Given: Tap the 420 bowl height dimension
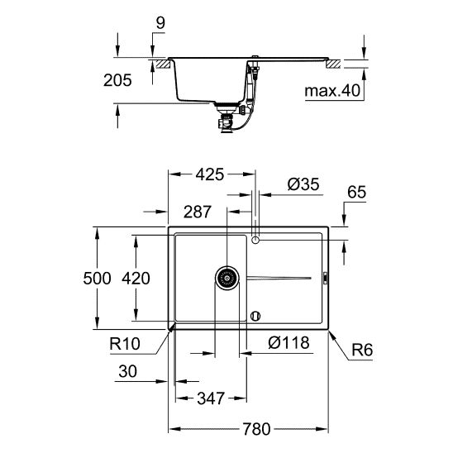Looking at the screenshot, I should [x=136, y=279].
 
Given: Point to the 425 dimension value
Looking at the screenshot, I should [x=210, y=174].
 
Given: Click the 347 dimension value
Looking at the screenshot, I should [x=210, y=399].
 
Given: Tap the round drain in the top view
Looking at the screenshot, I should [x=226, y=278].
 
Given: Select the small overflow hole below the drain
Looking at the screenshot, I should [x=255, y=315].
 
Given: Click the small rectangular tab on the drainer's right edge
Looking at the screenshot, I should [x=326, y=279].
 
